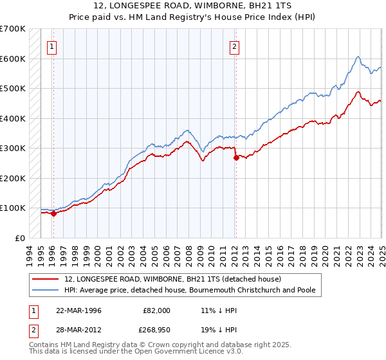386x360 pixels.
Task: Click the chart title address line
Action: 193,6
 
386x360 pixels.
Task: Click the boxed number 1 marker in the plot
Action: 51,46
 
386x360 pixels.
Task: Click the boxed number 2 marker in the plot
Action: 235,46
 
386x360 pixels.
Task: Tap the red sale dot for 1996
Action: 53,214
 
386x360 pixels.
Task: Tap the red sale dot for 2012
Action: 236,157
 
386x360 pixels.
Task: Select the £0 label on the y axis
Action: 19,238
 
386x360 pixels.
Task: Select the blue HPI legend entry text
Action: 190,290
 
